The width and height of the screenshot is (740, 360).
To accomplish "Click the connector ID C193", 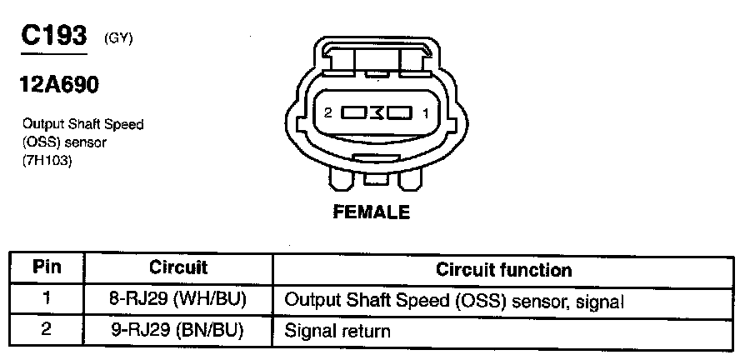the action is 56,37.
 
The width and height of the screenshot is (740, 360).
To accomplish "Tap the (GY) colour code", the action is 118,38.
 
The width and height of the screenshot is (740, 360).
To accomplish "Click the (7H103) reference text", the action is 48,161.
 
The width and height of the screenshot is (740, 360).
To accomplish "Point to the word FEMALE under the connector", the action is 372,212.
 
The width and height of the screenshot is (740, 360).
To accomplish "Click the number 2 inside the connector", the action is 328,112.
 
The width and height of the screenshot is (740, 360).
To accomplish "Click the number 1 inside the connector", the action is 425,112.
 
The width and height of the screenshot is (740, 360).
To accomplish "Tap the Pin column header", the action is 47,268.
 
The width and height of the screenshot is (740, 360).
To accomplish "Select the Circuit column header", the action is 178,268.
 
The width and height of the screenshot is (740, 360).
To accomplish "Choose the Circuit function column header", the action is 504,269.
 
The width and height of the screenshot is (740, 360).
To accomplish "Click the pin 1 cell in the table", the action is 47,299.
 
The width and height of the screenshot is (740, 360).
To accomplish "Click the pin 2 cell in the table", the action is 47,330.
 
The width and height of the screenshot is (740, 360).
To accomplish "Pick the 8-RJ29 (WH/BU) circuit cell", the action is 178,299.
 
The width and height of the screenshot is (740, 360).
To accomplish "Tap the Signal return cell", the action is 337,331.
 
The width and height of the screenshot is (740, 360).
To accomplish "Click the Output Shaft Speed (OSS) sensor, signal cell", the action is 454,300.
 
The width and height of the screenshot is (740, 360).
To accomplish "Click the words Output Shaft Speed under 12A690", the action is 83,124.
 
